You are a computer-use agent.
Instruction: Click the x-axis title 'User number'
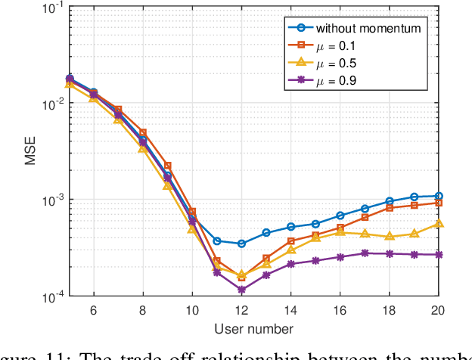(254, 327)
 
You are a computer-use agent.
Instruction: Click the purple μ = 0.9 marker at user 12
(241, 290)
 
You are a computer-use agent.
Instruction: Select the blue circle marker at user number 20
(439, 196)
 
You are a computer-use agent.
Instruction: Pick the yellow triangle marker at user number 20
(439, 224)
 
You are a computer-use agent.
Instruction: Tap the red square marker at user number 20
(439, 203)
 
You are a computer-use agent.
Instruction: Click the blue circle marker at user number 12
(241, 244)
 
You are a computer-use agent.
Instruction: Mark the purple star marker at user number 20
(439, 255)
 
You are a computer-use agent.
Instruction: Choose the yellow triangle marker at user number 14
(290, 249)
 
